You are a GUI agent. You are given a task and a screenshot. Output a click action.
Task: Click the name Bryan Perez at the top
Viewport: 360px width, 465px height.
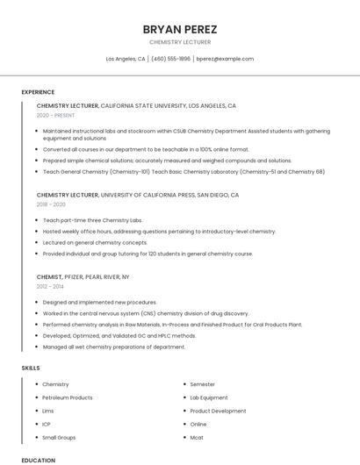(x=179, y=29)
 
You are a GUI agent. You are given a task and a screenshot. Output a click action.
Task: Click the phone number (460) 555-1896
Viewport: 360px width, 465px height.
(x=170, y=59)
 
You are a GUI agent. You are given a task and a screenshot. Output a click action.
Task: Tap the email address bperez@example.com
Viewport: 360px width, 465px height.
(x=225, y=59)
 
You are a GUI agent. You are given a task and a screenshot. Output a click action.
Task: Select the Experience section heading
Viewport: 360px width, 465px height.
(x=38, y=92)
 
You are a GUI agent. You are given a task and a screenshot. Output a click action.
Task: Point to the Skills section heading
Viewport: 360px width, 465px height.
(x=32, y=368)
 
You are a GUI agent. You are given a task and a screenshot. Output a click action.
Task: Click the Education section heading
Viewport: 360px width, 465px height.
(x=39, y=460)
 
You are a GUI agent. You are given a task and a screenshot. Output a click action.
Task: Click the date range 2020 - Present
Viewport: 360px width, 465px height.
(x=55, y=115)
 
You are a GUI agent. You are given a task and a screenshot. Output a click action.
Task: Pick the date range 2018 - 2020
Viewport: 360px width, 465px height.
(x=51, y=204)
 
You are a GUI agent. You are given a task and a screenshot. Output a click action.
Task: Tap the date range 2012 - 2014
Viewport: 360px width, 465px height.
(x=50, y=286)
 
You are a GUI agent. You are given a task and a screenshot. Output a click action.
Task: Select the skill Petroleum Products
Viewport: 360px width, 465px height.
(x=68, y=397)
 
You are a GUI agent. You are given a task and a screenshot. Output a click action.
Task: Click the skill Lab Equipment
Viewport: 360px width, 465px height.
(x=209, y=397)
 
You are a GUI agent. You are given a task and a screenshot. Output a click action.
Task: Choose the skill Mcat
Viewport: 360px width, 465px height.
(x=198, y=437)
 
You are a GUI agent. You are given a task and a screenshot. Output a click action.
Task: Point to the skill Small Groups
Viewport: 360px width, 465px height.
(x=59, y=437)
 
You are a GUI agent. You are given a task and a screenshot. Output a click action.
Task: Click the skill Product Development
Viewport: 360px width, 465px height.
(x=218, y=411)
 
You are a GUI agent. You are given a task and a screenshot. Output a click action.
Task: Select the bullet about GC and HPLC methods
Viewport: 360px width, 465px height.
(x=119, y=335)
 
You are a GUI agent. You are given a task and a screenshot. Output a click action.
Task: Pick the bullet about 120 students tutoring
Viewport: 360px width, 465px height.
(x=148, y=254)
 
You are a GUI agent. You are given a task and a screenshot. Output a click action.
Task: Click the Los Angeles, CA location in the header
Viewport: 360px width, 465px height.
(x=126, y=59)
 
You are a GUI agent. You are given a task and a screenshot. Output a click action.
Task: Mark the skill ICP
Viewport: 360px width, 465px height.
(x=47, y=424)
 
